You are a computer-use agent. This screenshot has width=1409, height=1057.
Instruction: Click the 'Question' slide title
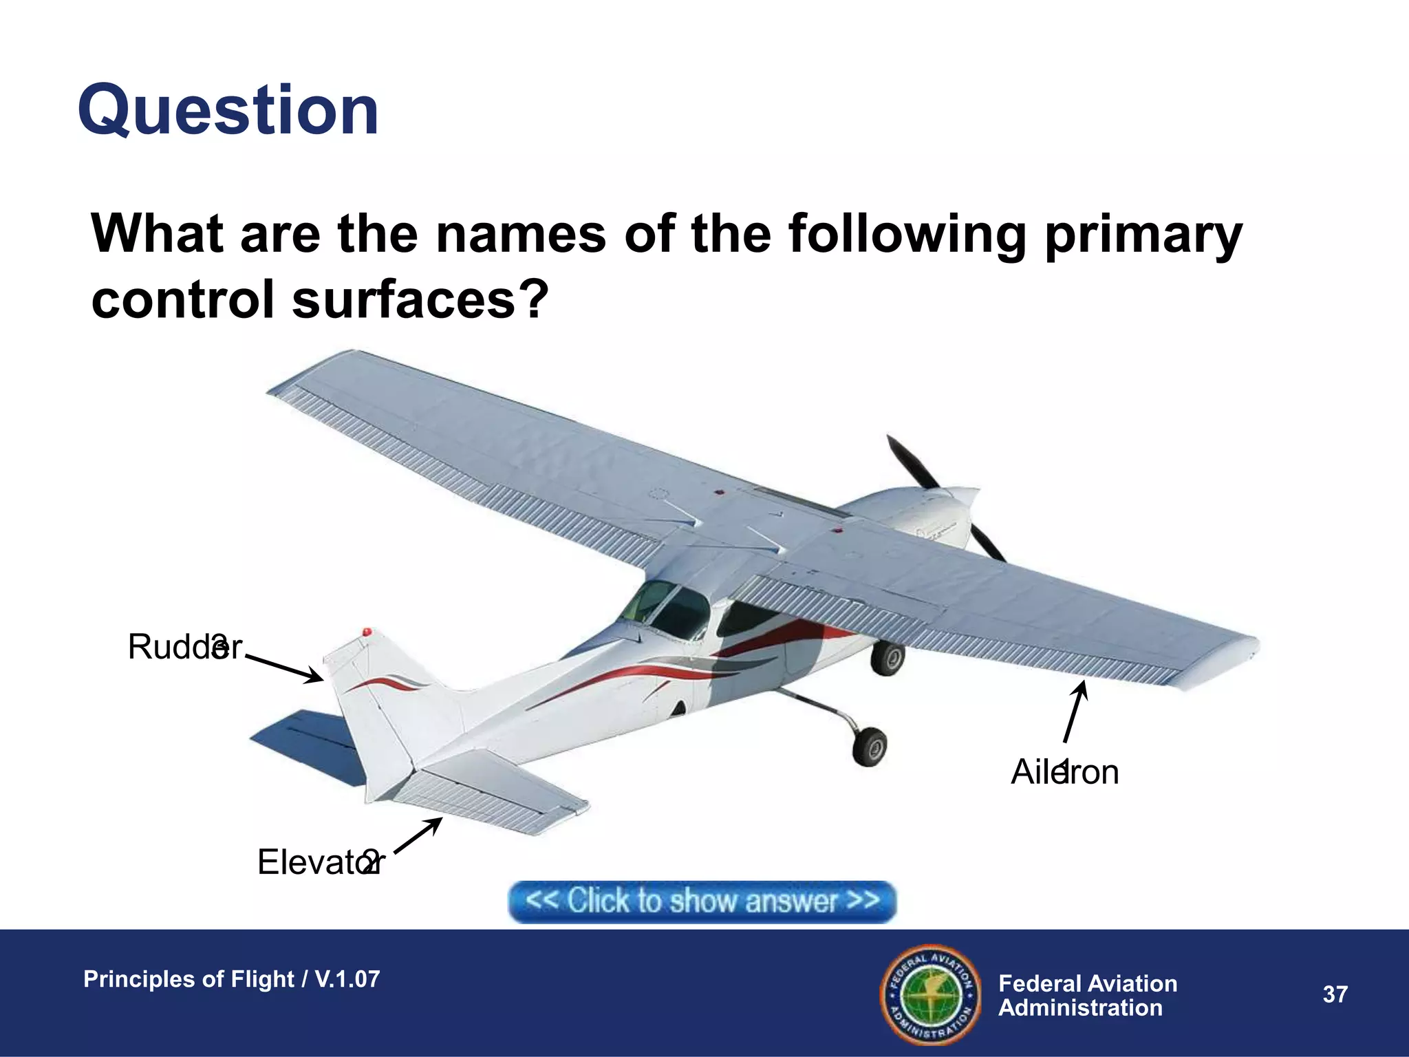click(228, 111)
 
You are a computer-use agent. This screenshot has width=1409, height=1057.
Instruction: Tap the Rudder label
click(184, 647)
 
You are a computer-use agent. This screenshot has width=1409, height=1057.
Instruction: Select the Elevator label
click(320, 862)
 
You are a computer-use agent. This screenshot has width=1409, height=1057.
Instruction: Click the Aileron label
click(1064, 772)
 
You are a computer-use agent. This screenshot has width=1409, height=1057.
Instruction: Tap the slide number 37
click(1335, 994)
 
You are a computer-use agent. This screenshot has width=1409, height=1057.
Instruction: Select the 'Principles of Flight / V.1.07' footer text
click(231, 979)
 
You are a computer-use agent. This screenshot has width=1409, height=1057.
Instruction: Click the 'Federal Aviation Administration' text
click(1087, 995)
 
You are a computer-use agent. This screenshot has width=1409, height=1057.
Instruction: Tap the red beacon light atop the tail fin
click(367, 632)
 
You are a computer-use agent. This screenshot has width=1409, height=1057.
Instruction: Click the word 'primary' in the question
click(1142, 234)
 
